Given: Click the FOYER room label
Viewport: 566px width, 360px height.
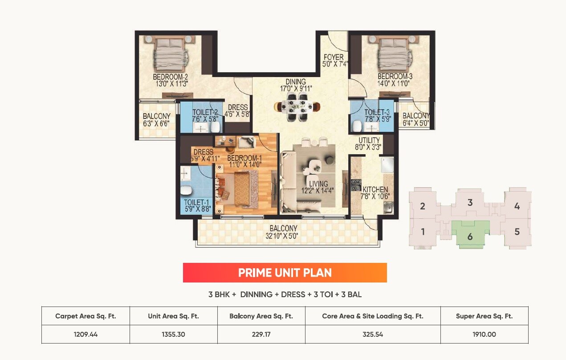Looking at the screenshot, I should pos(334,57).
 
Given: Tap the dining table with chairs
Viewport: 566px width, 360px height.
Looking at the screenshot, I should pos(297,107).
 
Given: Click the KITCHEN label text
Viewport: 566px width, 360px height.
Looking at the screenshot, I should pos(375,189).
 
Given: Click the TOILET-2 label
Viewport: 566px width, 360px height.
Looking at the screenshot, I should pos(205,113).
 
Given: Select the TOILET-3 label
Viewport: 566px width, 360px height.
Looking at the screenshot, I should pos(377,113).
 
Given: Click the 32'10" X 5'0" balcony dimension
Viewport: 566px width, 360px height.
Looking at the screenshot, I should pos(283,237).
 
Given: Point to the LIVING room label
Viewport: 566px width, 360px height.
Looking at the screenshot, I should pos(318,184).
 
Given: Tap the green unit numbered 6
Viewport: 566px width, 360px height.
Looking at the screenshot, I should pos(470,234).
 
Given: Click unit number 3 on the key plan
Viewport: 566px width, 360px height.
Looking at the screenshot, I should pos(470,203).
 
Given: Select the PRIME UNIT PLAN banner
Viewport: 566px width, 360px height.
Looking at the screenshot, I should pos(285,273).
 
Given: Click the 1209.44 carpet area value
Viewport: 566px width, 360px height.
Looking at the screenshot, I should pos(86,334).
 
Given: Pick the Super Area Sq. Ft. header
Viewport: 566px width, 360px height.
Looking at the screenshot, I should pos(484,316).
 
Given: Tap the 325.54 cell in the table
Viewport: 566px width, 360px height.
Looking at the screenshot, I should pos(373,334).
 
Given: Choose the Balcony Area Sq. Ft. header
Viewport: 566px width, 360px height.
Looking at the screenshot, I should pos(261,316).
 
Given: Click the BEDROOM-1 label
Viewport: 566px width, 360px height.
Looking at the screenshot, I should pos(244,159).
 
